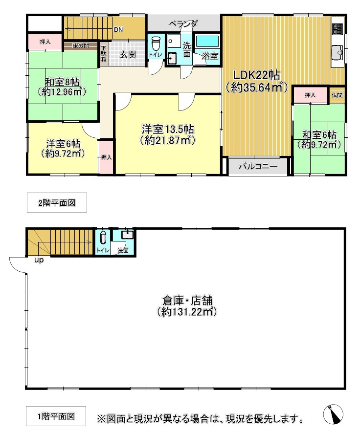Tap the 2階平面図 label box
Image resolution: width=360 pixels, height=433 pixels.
(57, 203)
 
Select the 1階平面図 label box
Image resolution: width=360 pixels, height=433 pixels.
(56, 416)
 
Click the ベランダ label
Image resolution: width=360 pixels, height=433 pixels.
(183, 24)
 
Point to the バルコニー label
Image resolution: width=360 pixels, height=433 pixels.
(258, 166)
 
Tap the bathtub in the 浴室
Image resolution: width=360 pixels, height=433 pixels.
(207, 41)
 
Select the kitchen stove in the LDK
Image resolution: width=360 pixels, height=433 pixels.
(337, 29)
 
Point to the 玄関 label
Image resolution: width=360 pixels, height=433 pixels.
(128, 54)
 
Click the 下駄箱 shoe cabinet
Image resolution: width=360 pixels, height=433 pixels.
(104, 54)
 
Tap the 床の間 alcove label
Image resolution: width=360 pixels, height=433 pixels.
(81, 46)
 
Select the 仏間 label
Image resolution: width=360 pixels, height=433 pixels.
(337, 95)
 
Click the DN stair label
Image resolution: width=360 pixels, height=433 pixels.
(118, 29)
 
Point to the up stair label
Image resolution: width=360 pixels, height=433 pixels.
(39, 260)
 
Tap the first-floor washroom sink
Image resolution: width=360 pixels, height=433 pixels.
(127, 235)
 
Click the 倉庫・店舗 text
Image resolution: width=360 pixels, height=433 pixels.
(187, 300)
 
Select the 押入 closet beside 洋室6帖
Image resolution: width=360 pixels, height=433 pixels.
(106, 157)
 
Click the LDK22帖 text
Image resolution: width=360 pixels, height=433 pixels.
(257, 75)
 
